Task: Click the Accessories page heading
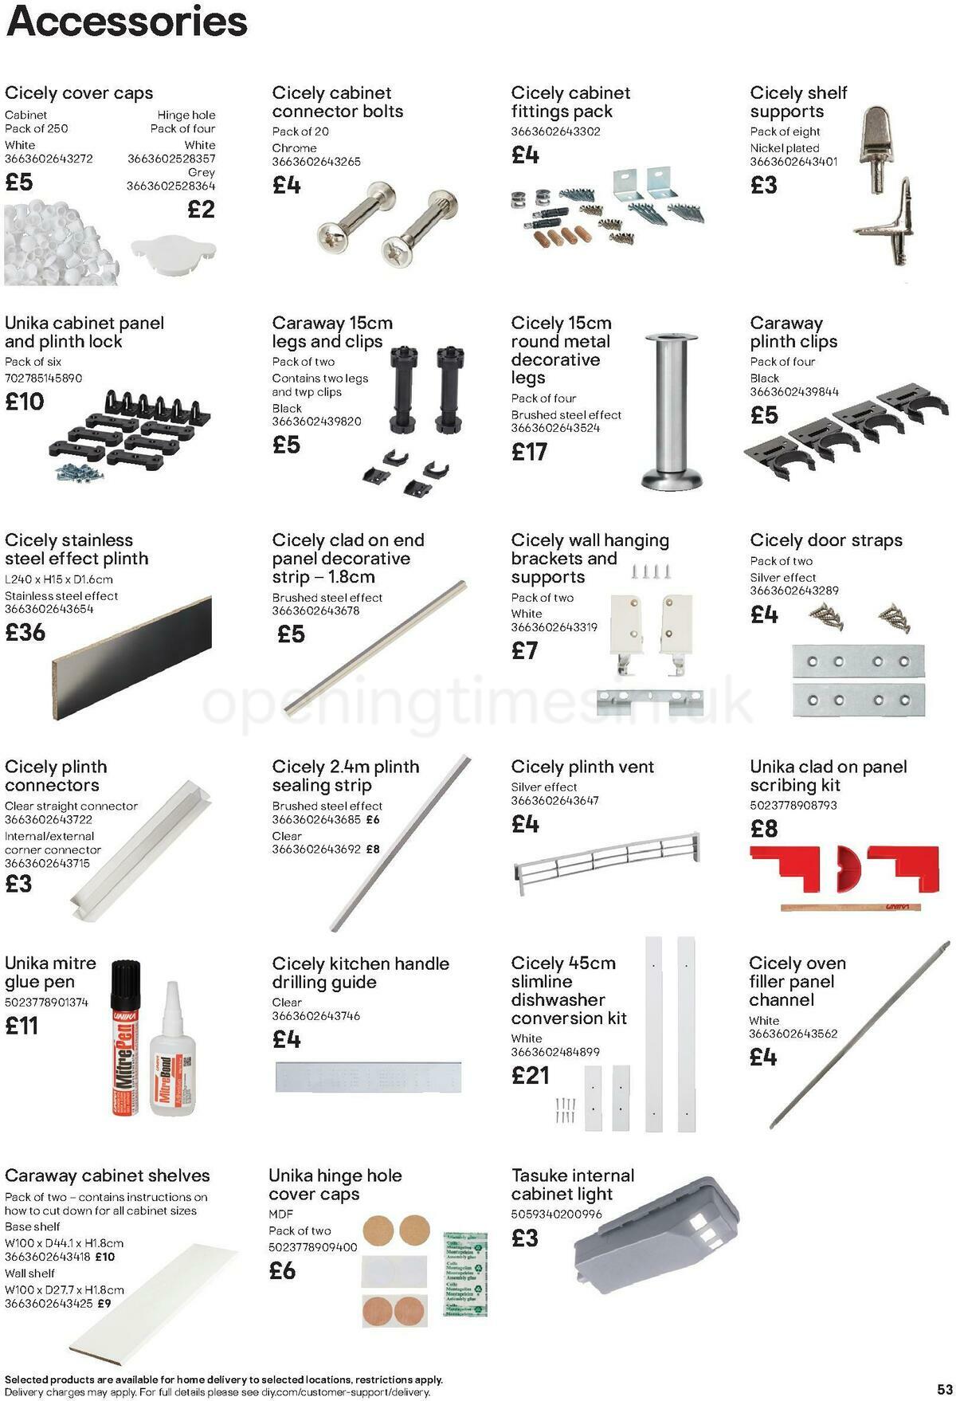tap(127, 22)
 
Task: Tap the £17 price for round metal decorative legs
tap(529, 452)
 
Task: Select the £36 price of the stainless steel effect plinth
tap(25, 632)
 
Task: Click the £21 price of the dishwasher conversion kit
tap(531, 1075)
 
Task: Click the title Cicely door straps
tap(826, 540)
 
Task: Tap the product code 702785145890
tap(44, 378)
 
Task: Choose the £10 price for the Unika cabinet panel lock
tap(25, 401)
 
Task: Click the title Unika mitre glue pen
tap(50, 972)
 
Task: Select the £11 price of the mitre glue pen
tap(22, 1026)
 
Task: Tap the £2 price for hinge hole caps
tap(202, 210)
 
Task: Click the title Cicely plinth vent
tap(582, 767)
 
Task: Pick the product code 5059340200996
tap(557, 1214)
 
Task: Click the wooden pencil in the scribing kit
tap(848, 906)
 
